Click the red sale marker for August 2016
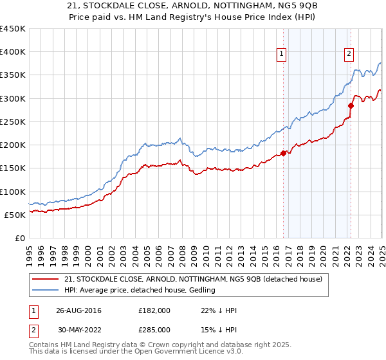click(283, 153)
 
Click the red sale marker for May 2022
click(351, 105)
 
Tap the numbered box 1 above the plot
click(282, 55)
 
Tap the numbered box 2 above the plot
click(349, 55)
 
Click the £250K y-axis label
click(13, 122)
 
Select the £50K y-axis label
click(15, 215)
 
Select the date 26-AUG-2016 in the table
click(78, 310)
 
